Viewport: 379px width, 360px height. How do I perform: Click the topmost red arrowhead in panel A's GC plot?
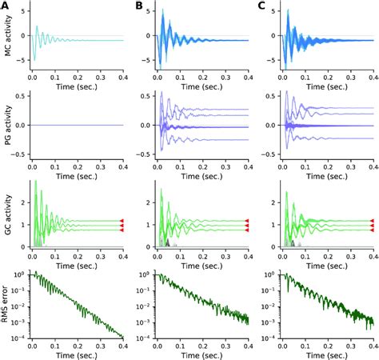pos(122,219)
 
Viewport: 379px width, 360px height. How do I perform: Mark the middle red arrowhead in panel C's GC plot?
pos(372,225)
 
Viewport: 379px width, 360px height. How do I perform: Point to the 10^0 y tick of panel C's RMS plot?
pos(269,274)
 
